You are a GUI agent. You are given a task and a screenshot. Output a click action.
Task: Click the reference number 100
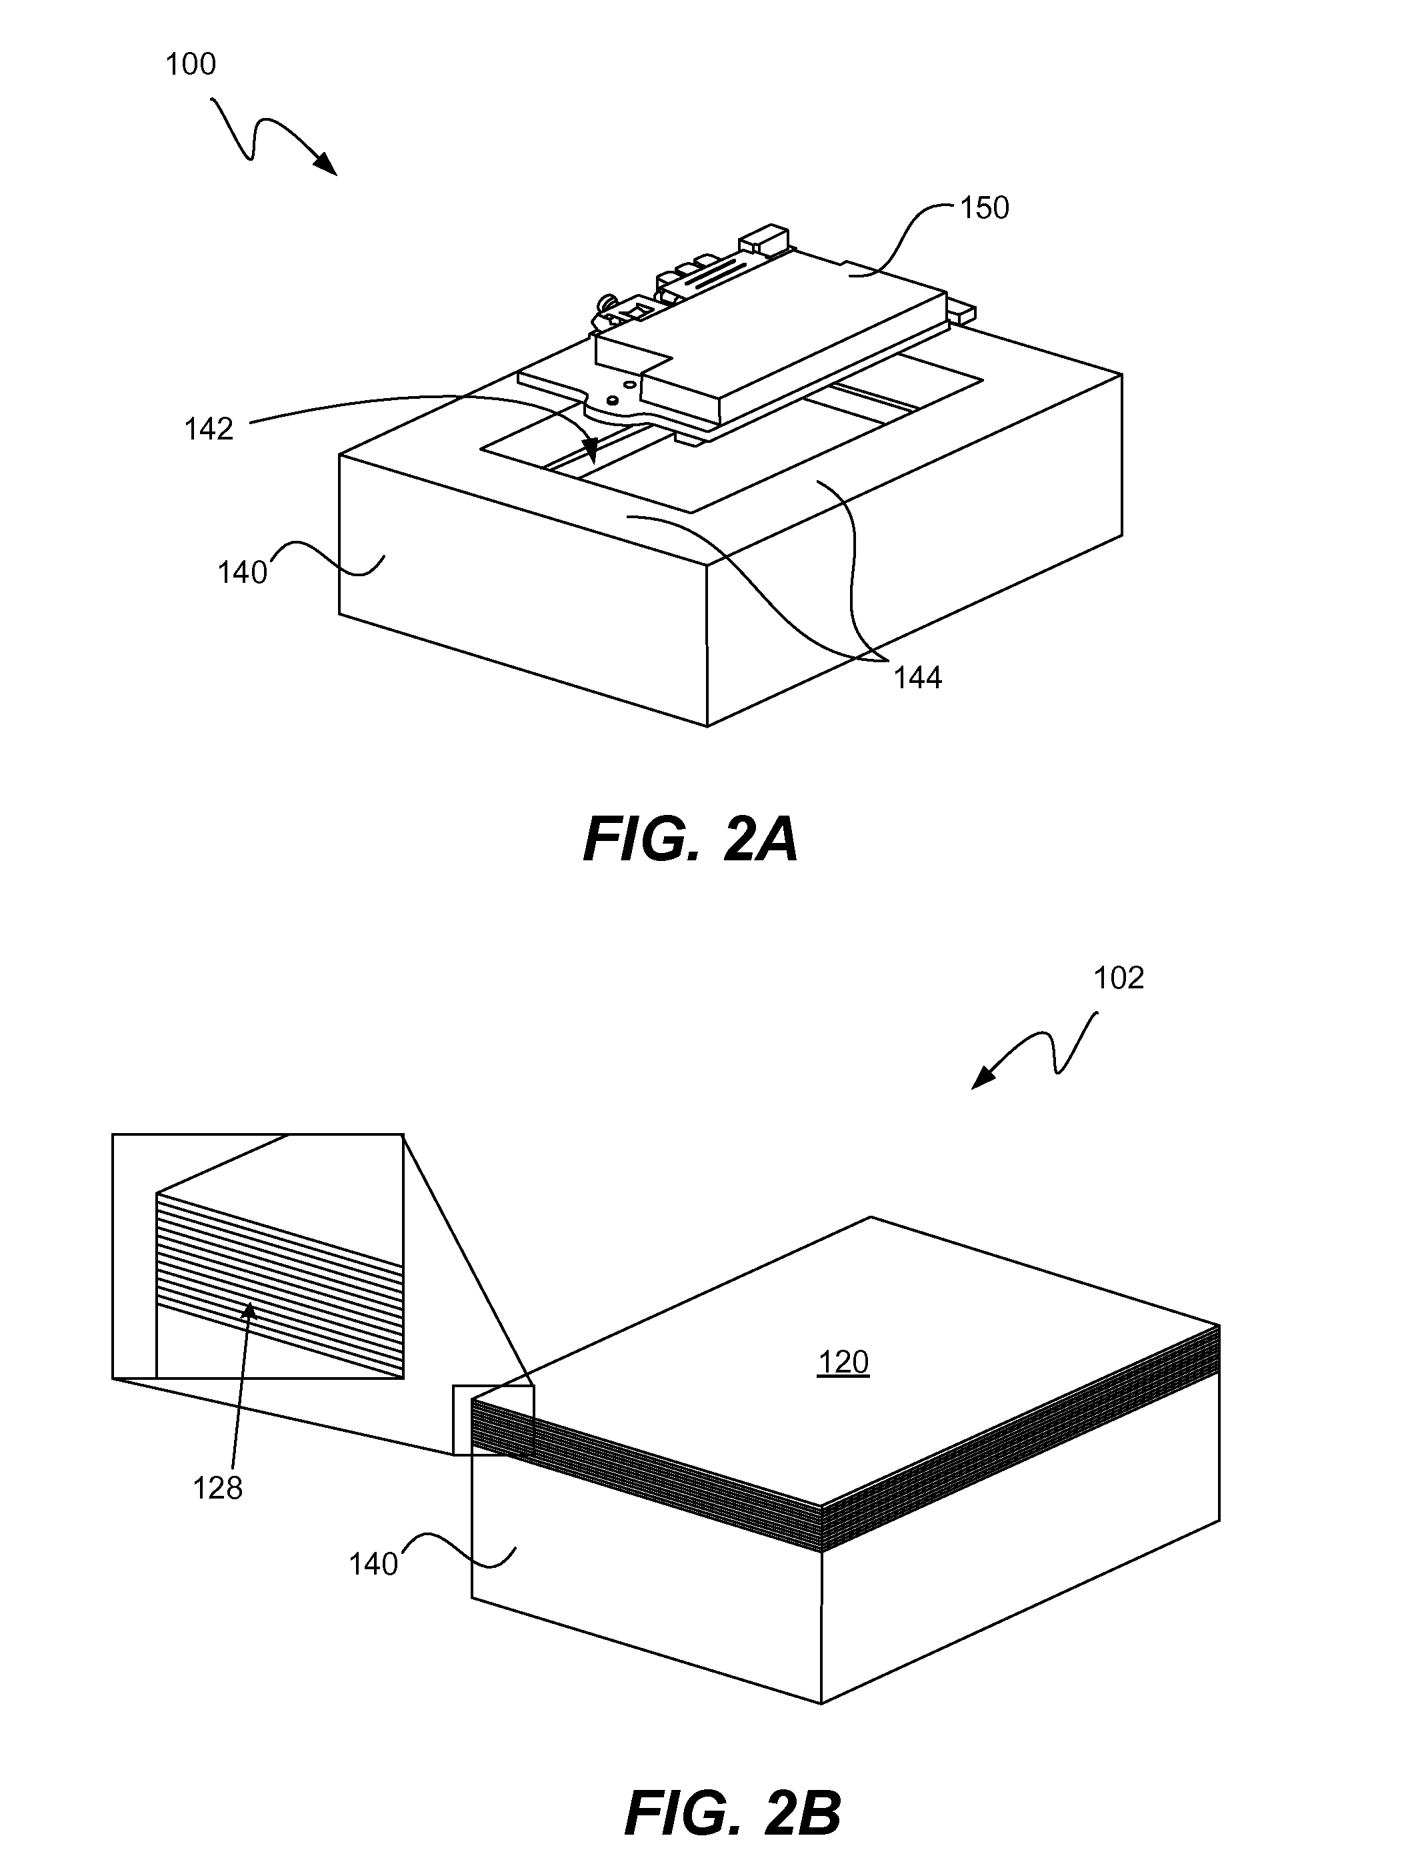point(191,65)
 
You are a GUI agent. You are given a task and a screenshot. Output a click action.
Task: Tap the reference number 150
point(984,208)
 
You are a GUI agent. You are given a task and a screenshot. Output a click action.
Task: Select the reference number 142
point(208,429)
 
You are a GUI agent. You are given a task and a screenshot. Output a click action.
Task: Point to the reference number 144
point(917,678)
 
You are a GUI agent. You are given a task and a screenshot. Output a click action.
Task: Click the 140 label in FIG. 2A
point(242,573)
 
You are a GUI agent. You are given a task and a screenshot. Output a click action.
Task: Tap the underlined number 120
point(843,1362)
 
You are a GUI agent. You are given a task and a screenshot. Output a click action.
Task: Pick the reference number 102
point(1118,978)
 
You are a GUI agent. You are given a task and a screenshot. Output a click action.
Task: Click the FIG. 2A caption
point(690,841)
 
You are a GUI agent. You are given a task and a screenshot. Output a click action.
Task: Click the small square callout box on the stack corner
point(493,1420)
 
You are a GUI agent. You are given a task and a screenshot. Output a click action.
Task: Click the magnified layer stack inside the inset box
point(278,1272)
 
